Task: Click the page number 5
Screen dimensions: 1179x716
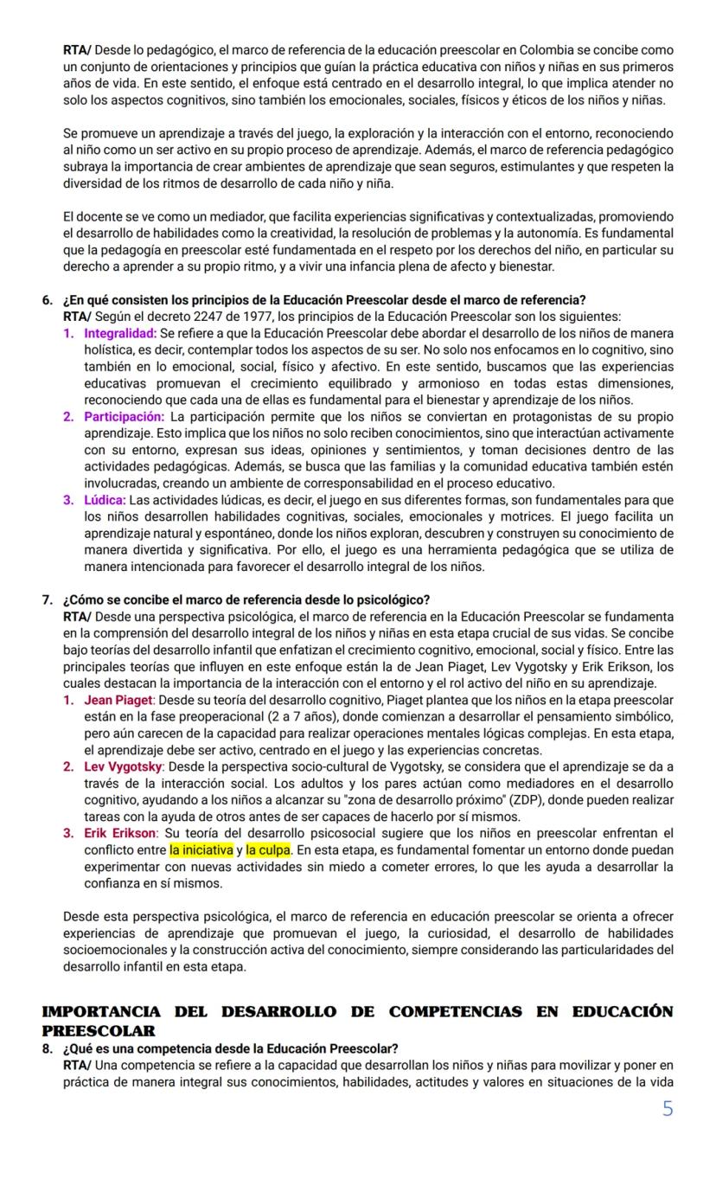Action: [x=667, y=1108]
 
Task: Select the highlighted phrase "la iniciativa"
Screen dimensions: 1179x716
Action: [x=201, y=849]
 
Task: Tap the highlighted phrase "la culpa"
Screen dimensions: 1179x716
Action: [x=268, y=849]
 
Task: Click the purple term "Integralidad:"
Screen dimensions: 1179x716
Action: [x=120, y=334]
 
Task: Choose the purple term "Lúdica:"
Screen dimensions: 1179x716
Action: [x=105, y=500]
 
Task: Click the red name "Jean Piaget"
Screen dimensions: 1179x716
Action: [x=118, y=700]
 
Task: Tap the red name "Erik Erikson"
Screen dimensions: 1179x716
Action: [x=120, y=833]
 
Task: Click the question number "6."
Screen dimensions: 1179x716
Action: [x=48, y=300]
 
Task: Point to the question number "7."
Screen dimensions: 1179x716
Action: [x=48, y=600]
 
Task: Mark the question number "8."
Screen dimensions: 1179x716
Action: [x=48, y=1049]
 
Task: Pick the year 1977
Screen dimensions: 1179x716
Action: [x=251, y=317]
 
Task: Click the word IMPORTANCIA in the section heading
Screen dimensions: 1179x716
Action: [x=101, y=1012]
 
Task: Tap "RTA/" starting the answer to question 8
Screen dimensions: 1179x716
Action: [x=78, y=1066]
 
